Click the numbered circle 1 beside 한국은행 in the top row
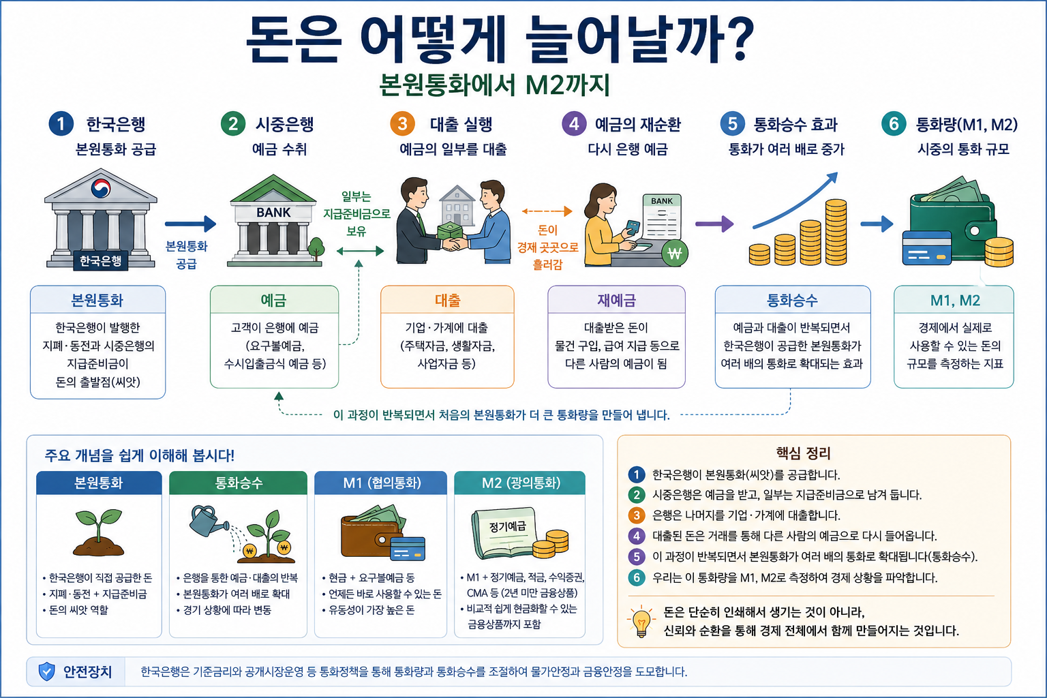[x=61, y=124]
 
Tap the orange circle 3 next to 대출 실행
[x=402, y=124]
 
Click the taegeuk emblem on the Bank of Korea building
[x=100, y=188]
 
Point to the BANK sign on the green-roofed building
[x=273, y=213]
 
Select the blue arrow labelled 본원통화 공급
[x=190, y=224]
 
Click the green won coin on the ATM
[x=674, y=253]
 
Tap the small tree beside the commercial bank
[x=316, y=248]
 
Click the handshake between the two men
[x=453, y=243]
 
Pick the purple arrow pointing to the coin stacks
[x=714, y=224]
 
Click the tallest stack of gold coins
[x=836, y=232]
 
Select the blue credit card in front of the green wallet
[x=926, y=248]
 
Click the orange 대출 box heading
[x=447, y=300]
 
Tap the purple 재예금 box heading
[x=616, y=300]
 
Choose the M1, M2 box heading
[x=954, y=300]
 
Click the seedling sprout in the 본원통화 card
[x=99, y=532]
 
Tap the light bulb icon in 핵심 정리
[x=641, y=621]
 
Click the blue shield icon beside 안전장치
[x=47, y=671]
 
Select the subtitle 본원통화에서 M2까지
[x=494, y=85]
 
